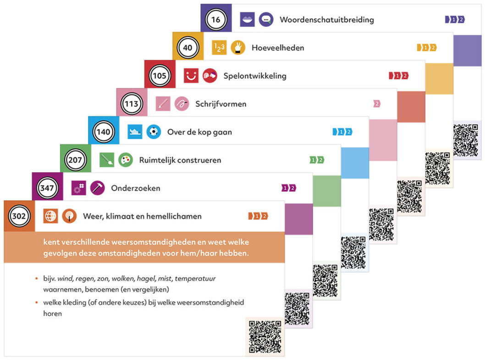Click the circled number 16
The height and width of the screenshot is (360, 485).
[x=215, y=20]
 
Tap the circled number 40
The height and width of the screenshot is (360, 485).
[x=187, y=48]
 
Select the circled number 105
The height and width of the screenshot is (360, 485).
[x=159, y=76]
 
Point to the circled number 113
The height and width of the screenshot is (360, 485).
[x=132, y=104]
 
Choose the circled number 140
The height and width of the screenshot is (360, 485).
[x=103, y=132]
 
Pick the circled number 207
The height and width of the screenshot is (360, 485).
[x=75, y=160]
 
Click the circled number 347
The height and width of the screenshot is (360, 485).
[x=47, y=188]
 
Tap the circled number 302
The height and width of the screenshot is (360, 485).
[x=19, y=216]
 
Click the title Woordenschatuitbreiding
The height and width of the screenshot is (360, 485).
[x=327, y=20]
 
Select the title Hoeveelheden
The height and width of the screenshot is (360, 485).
[x=278, y=48]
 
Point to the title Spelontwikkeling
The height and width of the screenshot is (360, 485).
[x=255, y=76]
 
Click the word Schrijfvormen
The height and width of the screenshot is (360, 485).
[x=221, y=104]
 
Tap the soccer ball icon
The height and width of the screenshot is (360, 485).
[x=154, y=132]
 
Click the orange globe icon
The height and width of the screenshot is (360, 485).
[x=51, y=216]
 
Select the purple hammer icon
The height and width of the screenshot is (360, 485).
[x=98, y=188]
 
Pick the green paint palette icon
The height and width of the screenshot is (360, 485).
[x=126, y=160]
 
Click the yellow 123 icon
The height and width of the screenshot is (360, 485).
[x=219, y=48]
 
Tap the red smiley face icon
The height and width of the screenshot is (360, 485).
[x=191, y=76]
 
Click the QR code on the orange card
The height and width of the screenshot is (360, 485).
[x=265, y=337]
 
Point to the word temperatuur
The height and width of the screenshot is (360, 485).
[x=195, y=279]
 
